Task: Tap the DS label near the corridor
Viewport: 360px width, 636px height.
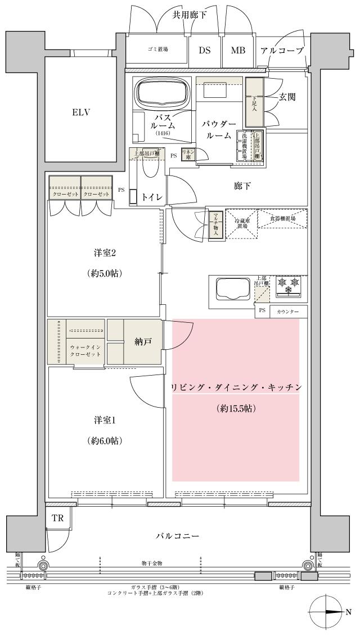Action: coord(204,50)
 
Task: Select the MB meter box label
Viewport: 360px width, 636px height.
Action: coord(238,50)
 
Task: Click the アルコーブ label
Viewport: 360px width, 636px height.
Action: coord(282,51)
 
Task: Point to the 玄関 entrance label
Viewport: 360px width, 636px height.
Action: coord(287,97)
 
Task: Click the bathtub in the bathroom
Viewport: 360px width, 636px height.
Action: coord(163,92)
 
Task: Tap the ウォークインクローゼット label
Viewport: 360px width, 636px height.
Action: coord(85,351)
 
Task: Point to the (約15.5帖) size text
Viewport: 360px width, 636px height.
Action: coord(236,409)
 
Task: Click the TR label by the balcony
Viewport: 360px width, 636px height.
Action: coord(58,518)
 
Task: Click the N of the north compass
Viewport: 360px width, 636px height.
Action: coord(348,612)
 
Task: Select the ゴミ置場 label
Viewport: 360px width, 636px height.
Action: coord(157,50)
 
